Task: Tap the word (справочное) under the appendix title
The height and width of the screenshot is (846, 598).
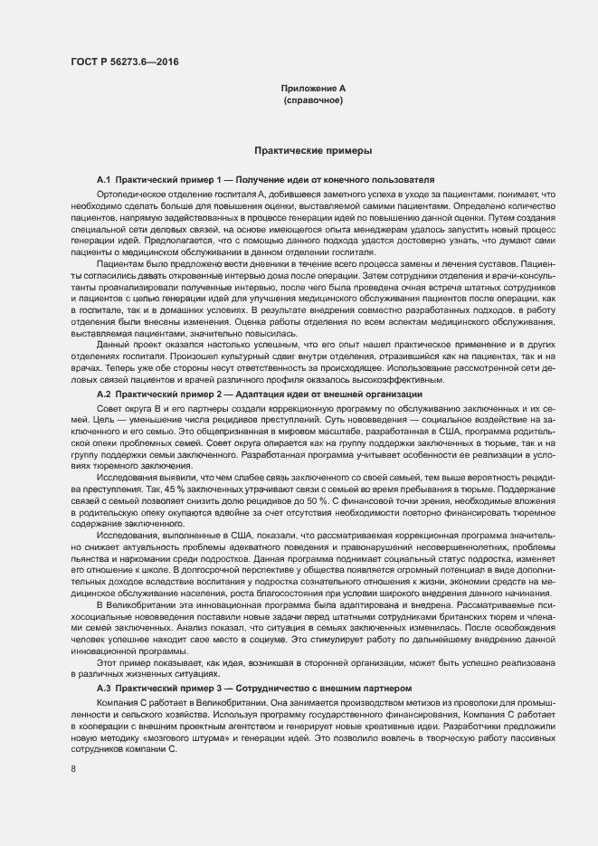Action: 312,100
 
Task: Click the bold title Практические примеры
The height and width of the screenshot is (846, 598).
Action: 312,150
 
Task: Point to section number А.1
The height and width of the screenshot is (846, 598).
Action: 103,181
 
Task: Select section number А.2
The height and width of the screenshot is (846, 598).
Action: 103,395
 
